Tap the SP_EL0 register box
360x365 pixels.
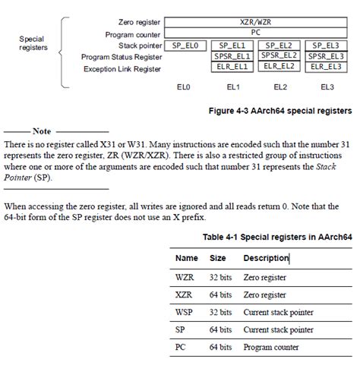coord(185,46)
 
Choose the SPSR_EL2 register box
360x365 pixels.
coord(279,56)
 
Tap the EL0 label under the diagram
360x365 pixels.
coord(185,87)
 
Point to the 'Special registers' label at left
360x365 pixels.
coord(31,42)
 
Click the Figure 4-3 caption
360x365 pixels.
coord(280,111)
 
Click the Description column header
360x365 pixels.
coord(265,258)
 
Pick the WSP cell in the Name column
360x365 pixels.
coord(185,312)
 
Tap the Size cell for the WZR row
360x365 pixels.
coord(219,278)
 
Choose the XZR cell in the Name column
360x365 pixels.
coord(184,295)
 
